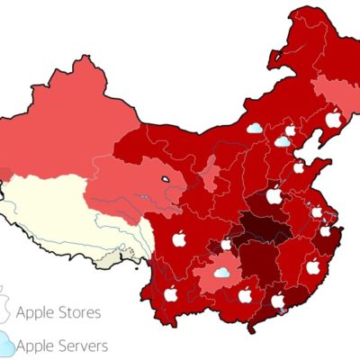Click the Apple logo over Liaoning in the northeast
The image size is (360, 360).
[x=333, y=119]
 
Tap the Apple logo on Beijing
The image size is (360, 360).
[x=290, y=130]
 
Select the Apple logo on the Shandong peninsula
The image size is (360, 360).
[x=299, y=167]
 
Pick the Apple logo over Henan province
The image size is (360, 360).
[x=274, y=195]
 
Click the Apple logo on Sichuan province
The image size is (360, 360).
[x=178, y=238]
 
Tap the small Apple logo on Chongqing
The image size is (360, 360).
[x=226, y=244]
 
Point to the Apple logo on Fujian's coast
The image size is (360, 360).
[x=312, y=267]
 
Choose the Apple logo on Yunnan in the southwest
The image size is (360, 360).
[x=171, y=294]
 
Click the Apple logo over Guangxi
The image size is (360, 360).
[x=245, y=295]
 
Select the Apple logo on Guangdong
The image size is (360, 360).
[x=278, y=300]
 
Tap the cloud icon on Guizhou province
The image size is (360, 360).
[x=221, y=272]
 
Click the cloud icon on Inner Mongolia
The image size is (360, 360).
[x=255, y=128]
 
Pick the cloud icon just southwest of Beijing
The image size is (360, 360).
[x=283, y=141]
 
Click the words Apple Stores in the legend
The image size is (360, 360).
[x=58, y=313]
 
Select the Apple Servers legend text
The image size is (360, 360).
[x=63, y=345]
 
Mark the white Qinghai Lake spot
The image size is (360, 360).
[x=166, y=179]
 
